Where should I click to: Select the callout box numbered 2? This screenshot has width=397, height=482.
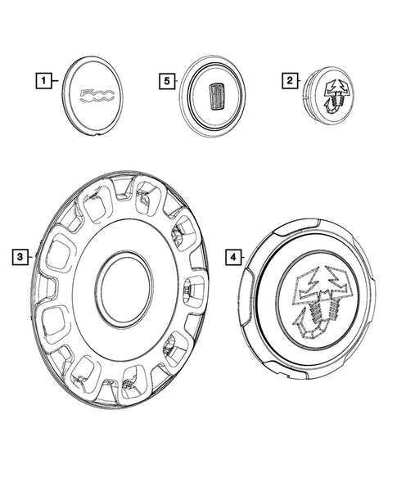pyautogui.click(x=289, y=80)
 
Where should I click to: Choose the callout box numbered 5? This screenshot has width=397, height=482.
pyautogui.click(x=166, y=80)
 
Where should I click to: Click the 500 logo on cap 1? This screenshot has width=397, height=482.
pyautogui.click(x=97, y=98)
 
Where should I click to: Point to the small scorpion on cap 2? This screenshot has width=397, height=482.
pyautogui.click(x=336, y=97)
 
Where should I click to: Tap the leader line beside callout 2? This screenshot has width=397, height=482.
pyautogui.click(x=300, y=80)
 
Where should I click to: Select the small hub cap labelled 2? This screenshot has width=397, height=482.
pyautogui.click(x=327, y=97)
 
